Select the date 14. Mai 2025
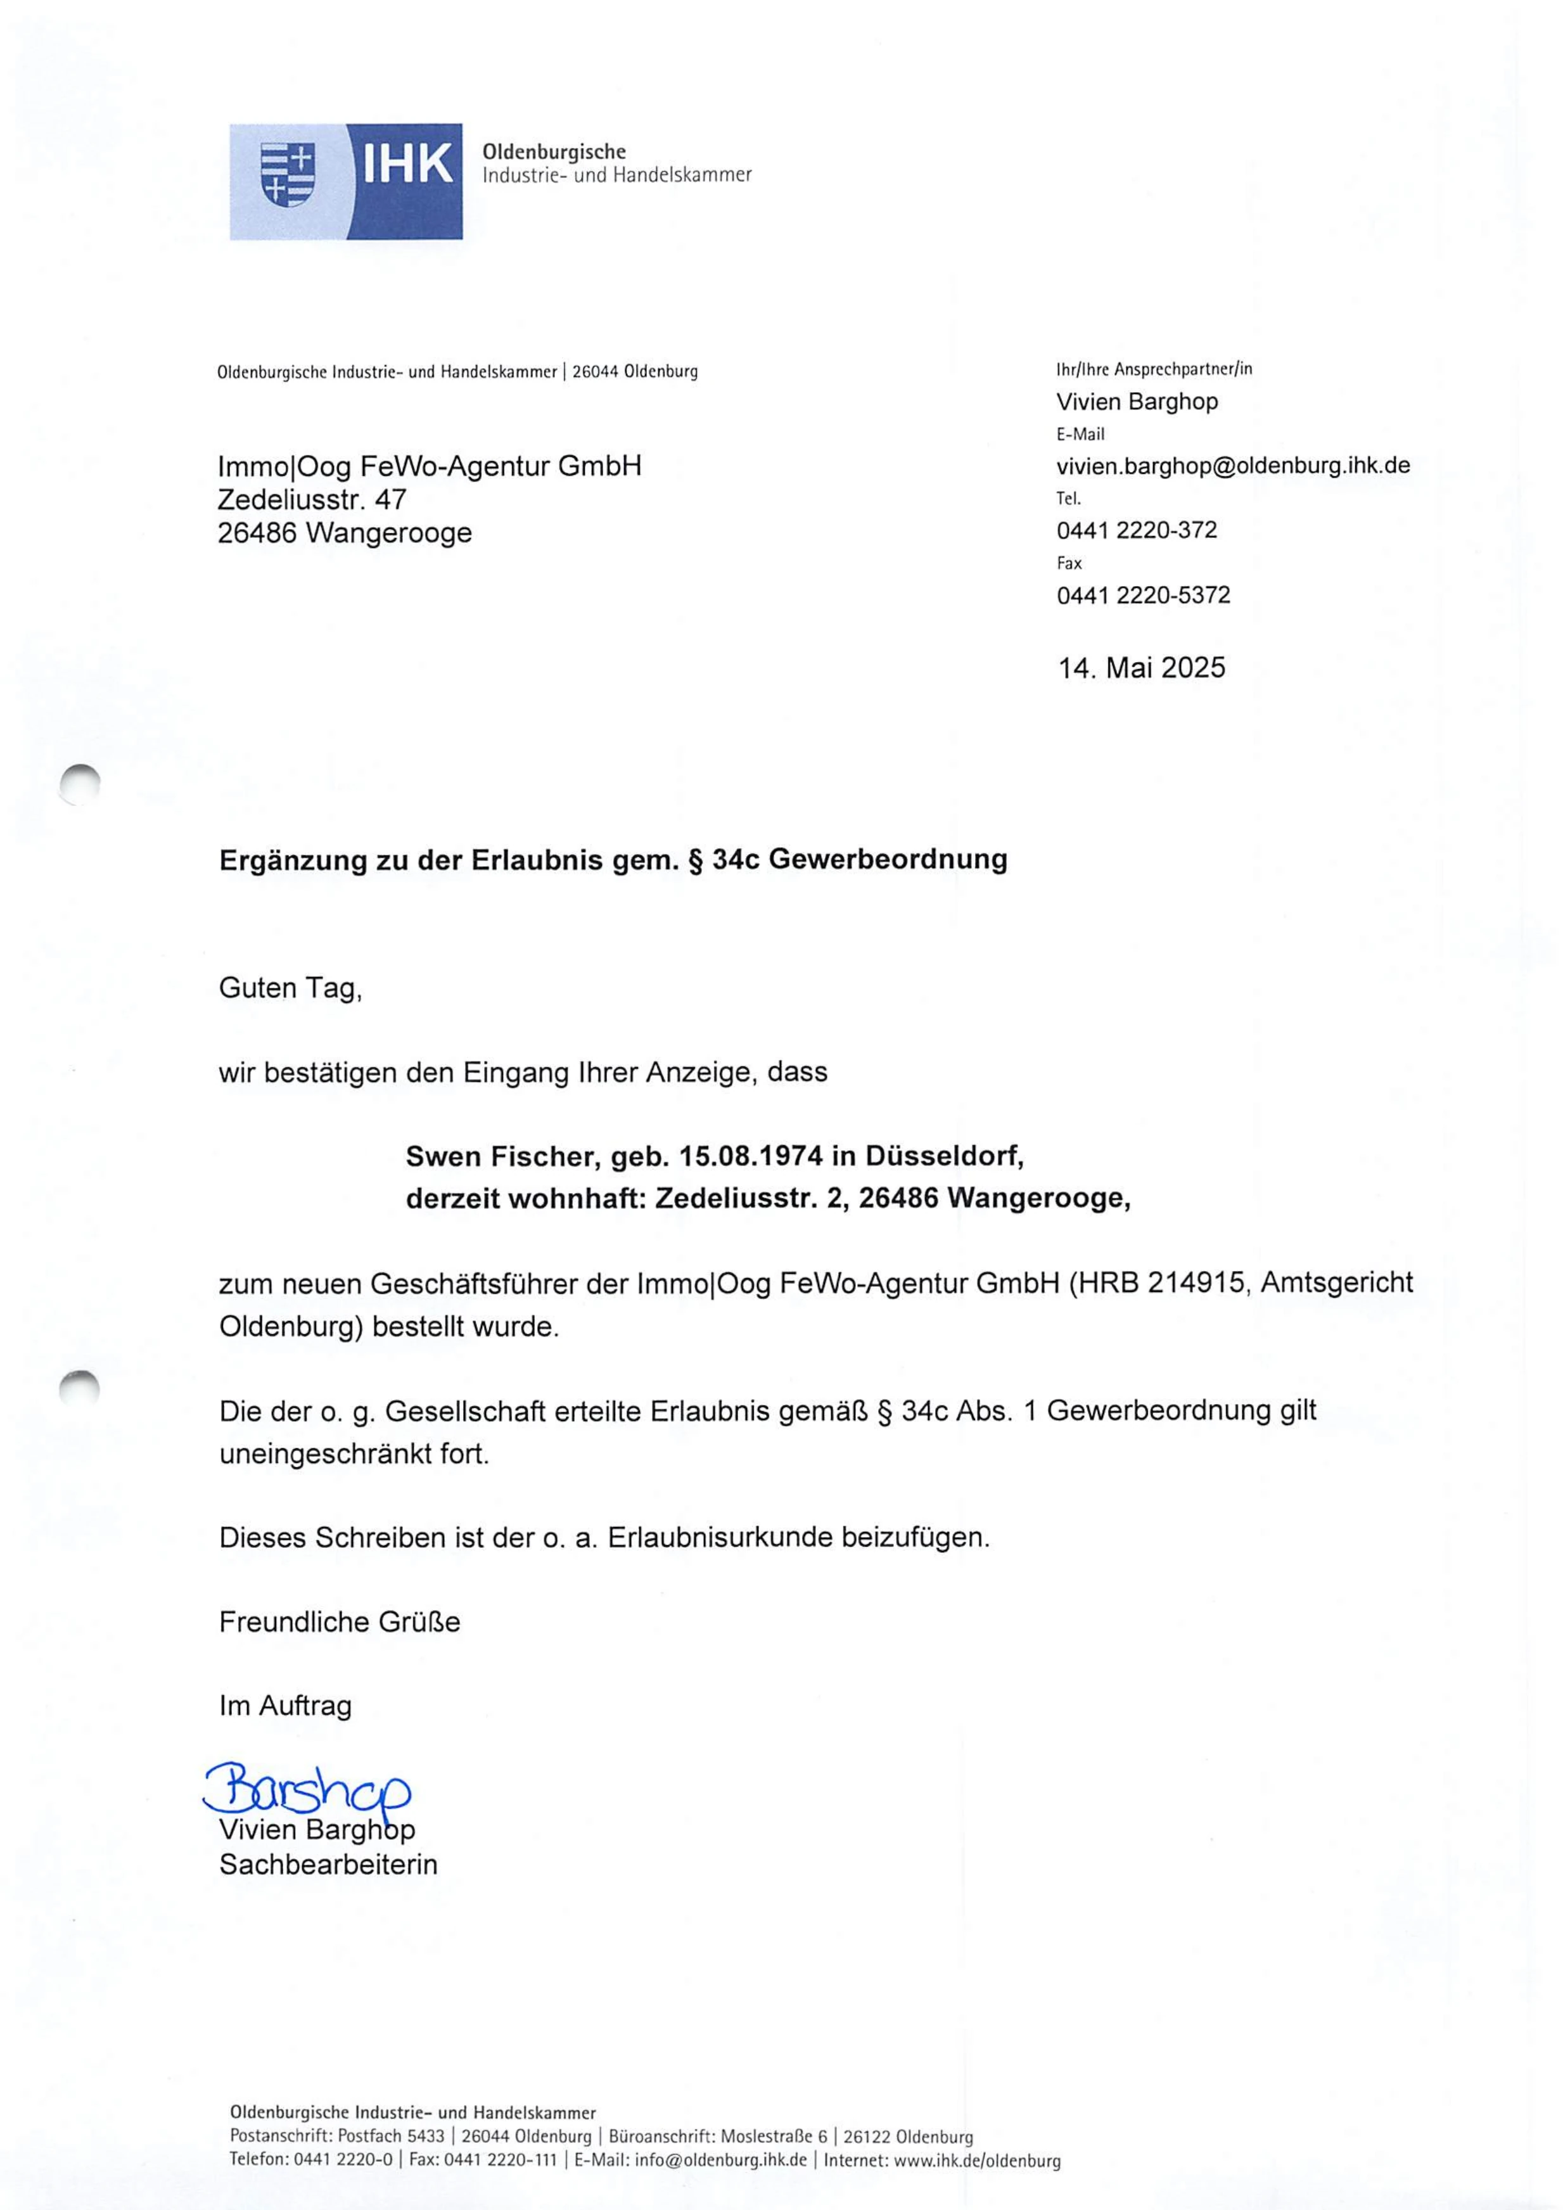tap(1142, 668)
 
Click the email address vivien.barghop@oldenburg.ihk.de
tap(1233, 466)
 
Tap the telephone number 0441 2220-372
tap(1137, 530)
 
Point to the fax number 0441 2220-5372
tap(1144, 595)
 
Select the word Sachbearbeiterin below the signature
tap(328, 1865)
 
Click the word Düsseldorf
tap(943, 1156)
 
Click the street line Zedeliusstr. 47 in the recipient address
tap(312, 499)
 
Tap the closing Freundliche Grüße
tap(340, 1622)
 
